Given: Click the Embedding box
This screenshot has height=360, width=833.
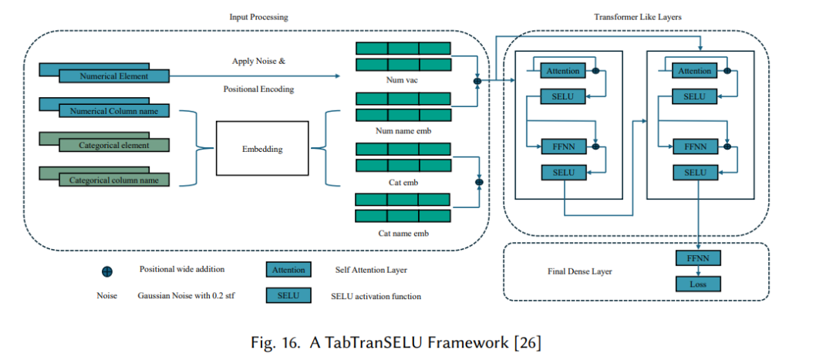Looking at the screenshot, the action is tap(262, 148).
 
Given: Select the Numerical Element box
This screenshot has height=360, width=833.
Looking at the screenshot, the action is tap(113, 76).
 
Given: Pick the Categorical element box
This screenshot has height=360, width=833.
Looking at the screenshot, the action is tap(113, 145).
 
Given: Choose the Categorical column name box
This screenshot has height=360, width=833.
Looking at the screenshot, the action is tap(113, 180).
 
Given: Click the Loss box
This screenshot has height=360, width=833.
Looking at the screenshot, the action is tap(698, 284).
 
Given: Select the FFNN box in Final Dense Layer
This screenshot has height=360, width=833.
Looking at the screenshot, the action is tap(698, 258).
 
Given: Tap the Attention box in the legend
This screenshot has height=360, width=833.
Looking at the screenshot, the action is tap(288, 270).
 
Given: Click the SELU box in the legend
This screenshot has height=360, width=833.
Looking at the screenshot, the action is tap(288, 296).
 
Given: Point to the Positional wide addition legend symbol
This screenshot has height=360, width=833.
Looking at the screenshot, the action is tap(106, 271).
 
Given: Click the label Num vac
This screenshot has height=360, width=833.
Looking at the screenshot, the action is tap(403, 81).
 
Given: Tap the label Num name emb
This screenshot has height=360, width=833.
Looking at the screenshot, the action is tap(403, 130).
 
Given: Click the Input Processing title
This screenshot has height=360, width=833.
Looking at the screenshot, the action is tap(258, 17).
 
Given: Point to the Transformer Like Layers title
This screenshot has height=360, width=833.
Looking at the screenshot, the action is tap(638, 17).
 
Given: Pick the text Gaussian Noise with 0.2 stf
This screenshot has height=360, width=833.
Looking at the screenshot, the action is tap(186, 296).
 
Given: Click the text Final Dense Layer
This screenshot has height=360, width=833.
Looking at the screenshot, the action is tap(579, 271).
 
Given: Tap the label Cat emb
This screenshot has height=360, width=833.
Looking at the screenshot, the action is tap(403, 182).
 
